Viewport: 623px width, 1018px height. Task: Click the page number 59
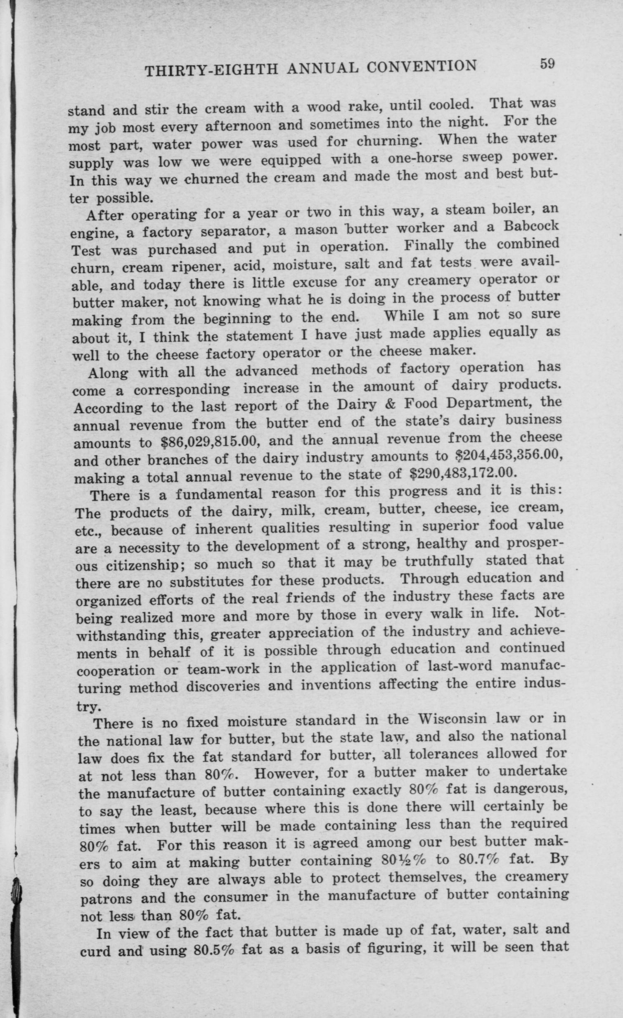click(x=546, y=65)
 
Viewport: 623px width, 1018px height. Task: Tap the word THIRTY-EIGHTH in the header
click(x=211, y=71)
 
